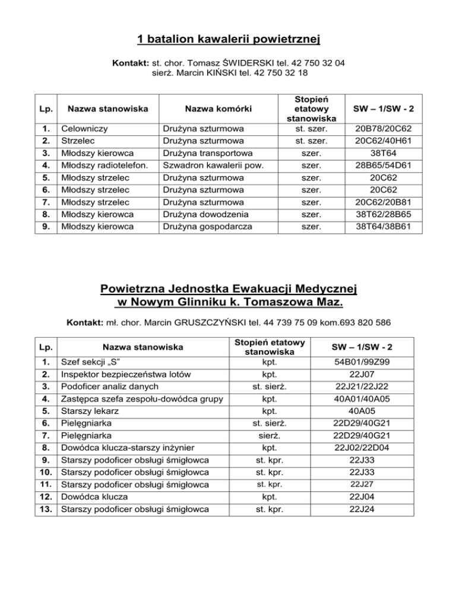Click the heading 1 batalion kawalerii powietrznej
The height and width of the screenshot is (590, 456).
pos(229,40)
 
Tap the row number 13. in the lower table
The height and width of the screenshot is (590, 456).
pos(46,509)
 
